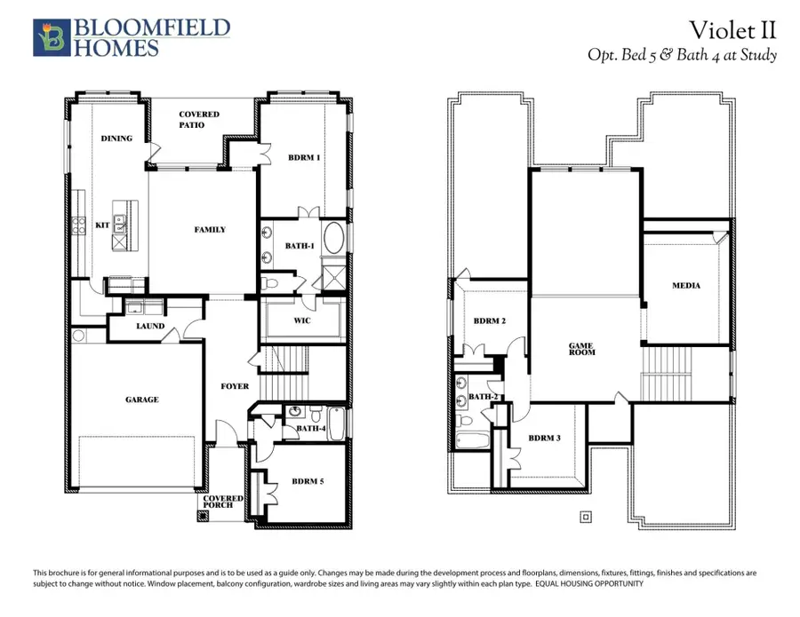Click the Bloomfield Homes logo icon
coord(52,37)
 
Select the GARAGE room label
coord(141,399)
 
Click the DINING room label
coord(116,138)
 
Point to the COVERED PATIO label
coord(199,120)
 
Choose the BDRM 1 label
coord(305,157)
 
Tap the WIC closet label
coord(301,320)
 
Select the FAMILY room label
coord(210,230)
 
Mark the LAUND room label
coord(150,327)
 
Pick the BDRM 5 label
coord(309,482)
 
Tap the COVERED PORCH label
coord(223,502)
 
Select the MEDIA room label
coord(685,286)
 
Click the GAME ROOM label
coord(581,348)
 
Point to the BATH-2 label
coord(483,397)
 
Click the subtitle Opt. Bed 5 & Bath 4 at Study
coord(682,55)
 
